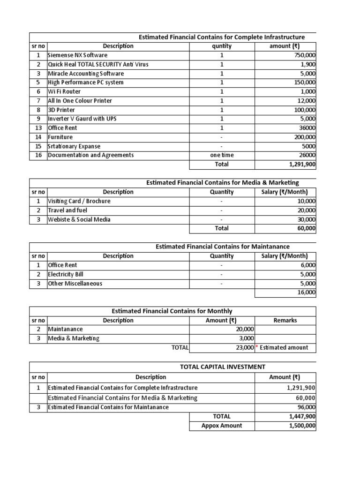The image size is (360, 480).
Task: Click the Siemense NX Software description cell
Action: (77, 55)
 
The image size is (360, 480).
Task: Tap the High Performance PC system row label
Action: (85, 82)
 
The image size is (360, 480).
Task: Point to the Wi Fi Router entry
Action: (64, 92)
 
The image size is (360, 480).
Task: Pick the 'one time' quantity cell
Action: (222, 155)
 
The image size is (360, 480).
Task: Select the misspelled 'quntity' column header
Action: (222, 46)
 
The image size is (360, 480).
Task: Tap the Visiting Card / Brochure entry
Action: (79, 201)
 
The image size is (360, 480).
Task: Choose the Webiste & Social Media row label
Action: (80, 219)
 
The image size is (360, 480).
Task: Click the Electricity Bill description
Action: (66, 274)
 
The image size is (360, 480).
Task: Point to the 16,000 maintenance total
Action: (306, 292)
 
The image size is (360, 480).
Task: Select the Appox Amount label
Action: (222, 426)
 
